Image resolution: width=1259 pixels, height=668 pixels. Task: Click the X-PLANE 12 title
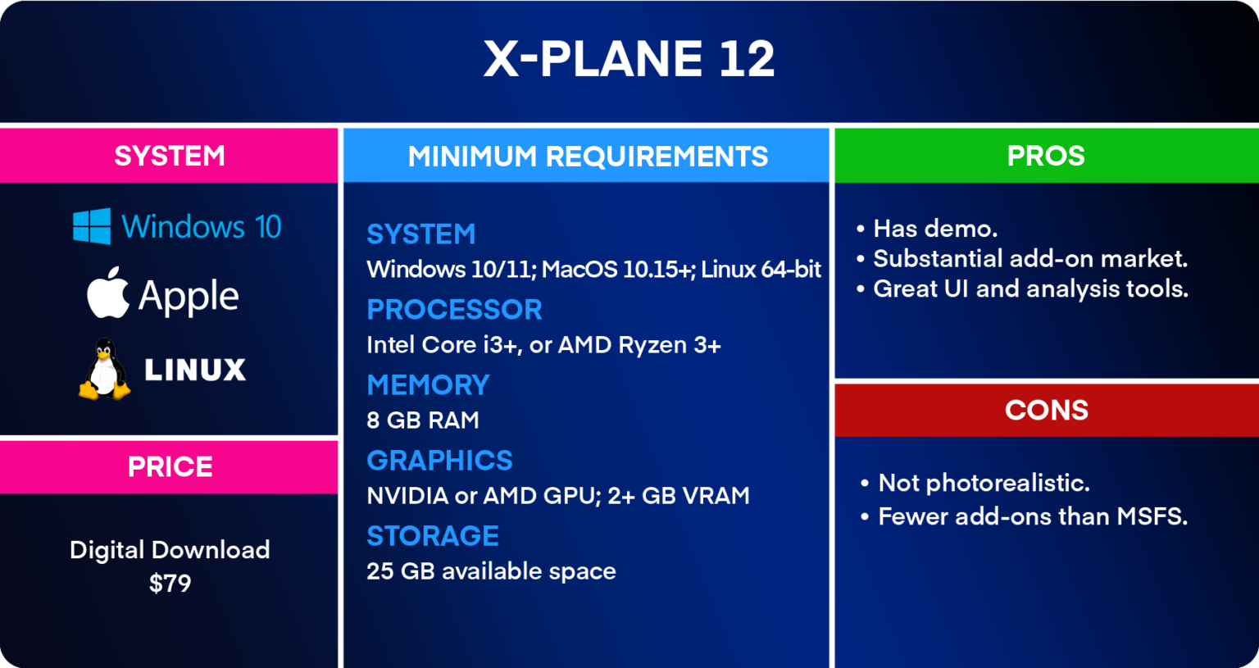click(629, 59)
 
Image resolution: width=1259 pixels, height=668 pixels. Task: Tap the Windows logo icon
click(92, 226)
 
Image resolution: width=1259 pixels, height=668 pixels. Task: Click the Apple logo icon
click(108, 293)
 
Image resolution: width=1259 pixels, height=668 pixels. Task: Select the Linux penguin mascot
click(104, 370)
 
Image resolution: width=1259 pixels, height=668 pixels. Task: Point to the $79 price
click(170, 584)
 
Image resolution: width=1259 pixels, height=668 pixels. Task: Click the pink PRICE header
click(170, 467)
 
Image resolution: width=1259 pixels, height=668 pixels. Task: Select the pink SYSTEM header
click(170, 156)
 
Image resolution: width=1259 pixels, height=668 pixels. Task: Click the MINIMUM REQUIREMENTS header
click(587, 156)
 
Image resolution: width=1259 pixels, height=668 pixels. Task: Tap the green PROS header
click(1046, 156)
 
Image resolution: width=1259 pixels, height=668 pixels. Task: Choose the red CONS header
click(1046, 410)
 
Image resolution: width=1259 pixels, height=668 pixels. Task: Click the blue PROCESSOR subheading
click(454, 310)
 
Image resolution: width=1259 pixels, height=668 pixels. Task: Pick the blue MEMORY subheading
click(428, 385)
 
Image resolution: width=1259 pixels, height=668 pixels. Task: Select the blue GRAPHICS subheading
click(439, 461)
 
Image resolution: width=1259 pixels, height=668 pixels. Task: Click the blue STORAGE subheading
click(433, 536)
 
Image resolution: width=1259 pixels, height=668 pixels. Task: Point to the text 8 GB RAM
click(423, 420)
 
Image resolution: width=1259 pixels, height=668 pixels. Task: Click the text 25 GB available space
click(491, 571)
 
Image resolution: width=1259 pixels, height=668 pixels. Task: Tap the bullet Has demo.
click(934, 229)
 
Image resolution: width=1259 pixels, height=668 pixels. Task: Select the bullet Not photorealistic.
click(984, 483)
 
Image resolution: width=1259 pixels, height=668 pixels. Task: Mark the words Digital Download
click(170, 550)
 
